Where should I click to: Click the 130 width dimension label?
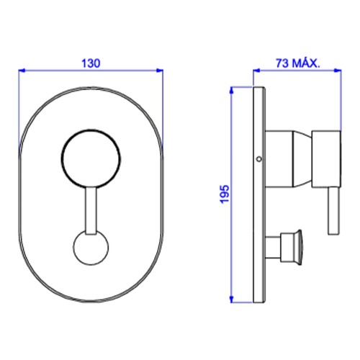[x=91, y=63]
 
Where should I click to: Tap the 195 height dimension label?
[x=225, y=194]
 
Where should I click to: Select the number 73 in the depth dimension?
[x=282, y=63]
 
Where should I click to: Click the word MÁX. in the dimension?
[x=306, y=63]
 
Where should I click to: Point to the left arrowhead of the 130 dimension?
[x=22, y=71]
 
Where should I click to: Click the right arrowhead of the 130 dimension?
[x=160, y=71]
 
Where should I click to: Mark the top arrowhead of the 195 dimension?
[x=232, y=90]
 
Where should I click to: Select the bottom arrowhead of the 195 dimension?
[x=232, y=299]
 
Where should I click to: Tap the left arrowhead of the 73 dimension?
[x=257, y=71]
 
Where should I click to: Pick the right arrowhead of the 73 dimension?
[x=338, y=71]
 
